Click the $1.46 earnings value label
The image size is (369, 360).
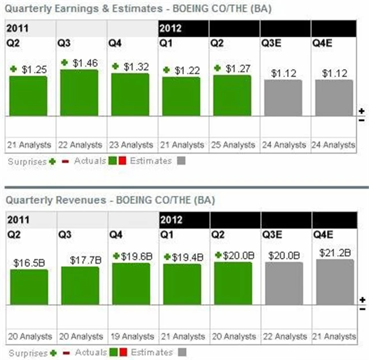pyautogui.click(x=85, y=63)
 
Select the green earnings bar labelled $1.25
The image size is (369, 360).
pyautogui.click(x=28, y=95)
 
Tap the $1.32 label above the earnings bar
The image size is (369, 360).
pyautogui.click(x=137, y=67)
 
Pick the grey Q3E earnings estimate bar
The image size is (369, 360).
pyautogui.click(x=283, y=97)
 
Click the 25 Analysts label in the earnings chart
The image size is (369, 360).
pyautogui.click(x=232, y=145)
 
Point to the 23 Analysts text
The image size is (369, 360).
pyautogui.click(x=130, y=145)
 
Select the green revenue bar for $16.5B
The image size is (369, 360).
pyautogui.click(x=29, y=286)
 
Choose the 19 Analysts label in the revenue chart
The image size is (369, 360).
pyautogui.click(x=130, y=336)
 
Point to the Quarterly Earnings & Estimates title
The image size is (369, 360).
pyautogui.click(x=138, y=9)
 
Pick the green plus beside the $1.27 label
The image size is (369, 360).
pyautogui.click(x=217, y=68)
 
